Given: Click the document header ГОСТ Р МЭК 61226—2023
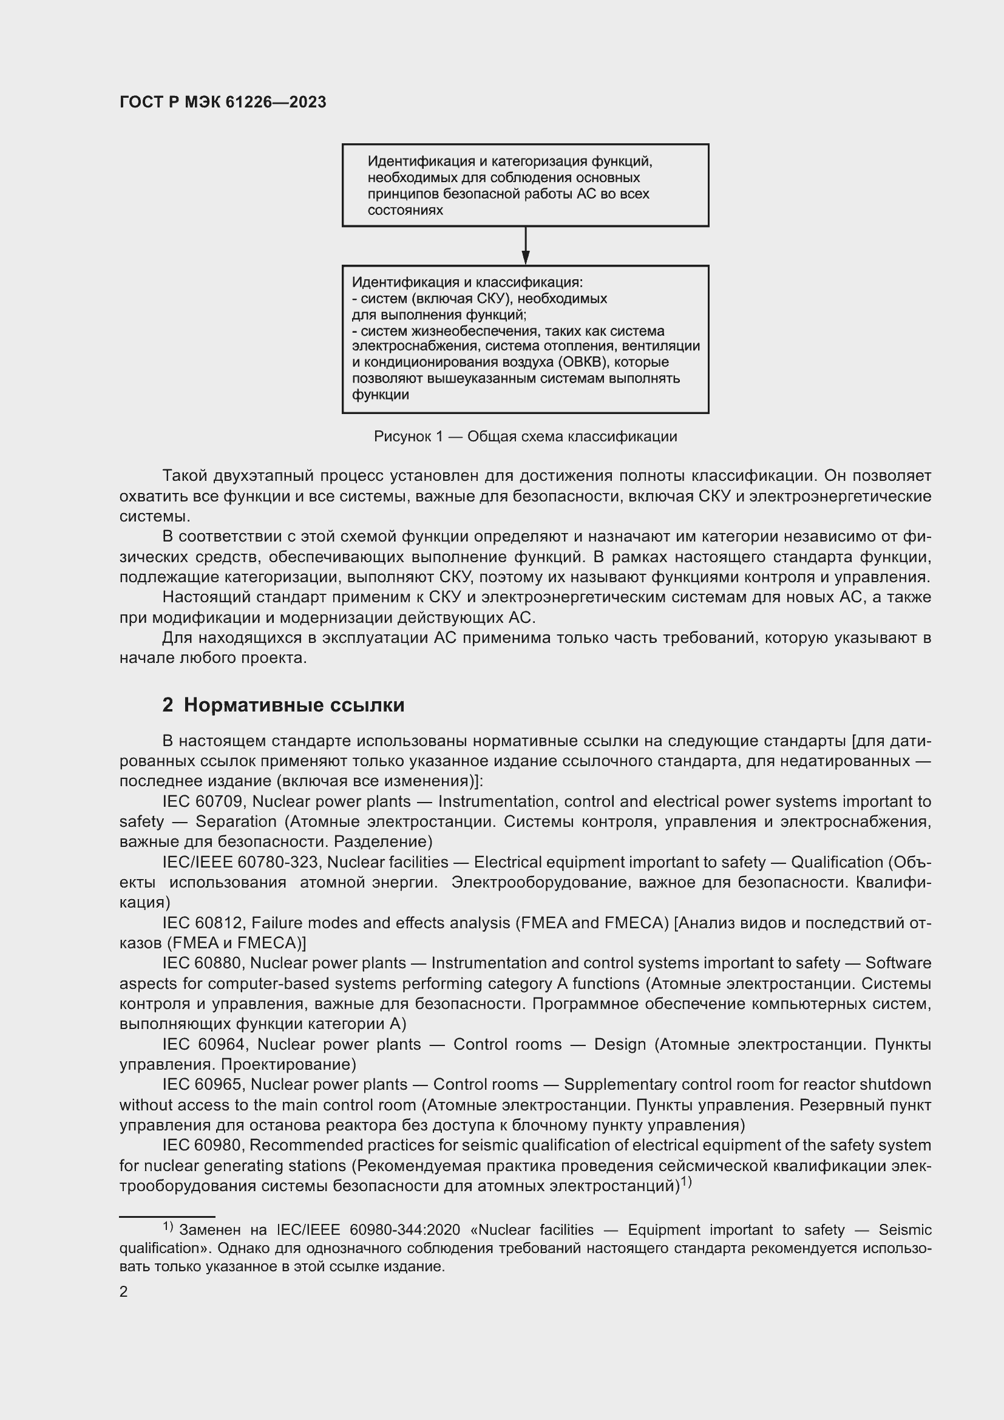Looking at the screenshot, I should point(223,102).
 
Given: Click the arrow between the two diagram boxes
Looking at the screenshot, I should point(526,246).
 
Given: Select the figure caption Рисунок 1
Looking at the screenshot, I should point(525,437).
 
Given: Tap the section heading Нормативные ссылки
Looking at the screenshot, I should point(294,705).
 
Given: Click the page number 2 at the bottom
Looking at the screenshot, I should point(124,1291).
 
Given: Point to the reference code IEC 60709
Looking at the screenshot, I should point(204,801).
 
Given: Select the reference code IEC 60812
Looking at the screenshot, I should point(204,923).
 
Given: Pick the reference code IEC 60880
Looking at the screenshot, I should point(203,963).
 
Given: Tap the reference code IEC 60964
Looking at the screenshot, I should point(205,1044).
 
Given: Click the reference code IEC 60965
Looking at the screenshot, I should point(204,1084).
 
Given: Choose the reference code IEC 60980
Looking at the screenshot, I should point(203,1145).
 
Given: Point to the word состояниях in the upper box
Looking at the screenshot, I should point(405,210).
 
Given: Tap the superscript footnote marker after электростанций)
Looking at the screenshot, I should point(687,1183).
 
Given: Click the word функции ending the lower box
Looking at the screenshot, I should point(380,395).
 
